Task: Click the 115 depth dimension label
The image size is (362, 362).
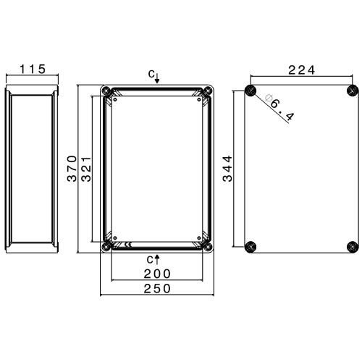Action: [x=33, y=69]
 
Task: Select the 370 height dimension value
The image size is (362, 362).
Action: [x=72, y=169]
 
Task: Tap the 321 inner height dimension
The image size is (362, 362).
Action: [x=86, y=169]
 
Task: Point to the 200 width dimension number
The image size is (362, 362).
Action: [x=157, y=274]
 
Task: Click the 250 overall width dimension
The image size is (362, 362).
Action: [x=157, y=289]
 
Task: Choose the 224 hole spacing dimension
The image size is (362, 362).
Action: [x=302, y=70]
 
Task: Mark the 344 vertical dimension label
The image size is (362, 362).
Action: [x=227, y=169]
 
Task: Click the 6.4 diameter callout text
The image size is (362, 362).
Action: [x=282, y=110]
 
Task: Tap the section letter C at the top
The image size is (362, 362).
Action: [x=151, y=74]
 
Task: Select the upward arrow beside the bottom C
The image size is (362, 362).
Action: [x=157, y=259]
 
